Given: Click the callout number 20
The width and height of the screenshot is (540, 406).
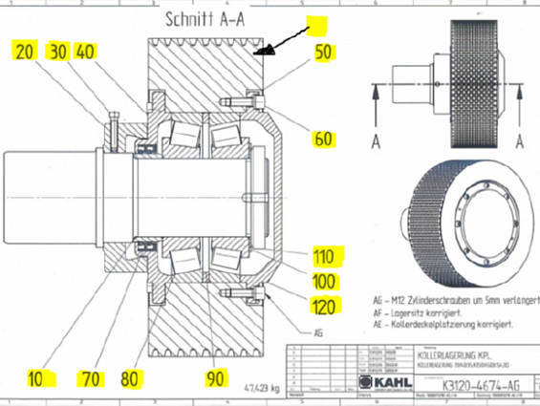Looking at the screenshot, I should tap(24, 52).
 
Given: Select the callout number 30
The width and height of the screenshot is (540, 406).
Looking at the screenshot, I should tap(58, 52).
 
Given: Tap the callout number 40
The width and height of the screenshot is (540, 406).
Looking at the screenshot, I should tap(87, 52).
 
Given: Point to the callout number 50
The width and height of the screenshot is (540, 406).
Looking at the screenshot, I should tap(324, 52).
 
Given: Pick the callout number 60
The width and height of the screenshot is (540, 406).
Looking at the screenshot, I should tap(325, 139).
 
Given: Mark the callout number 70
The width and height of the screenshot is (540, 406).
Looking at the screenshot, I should tap(92, 377).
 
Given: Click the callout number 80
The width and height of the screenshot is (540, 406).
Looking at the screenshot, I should tap(132, 377).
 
